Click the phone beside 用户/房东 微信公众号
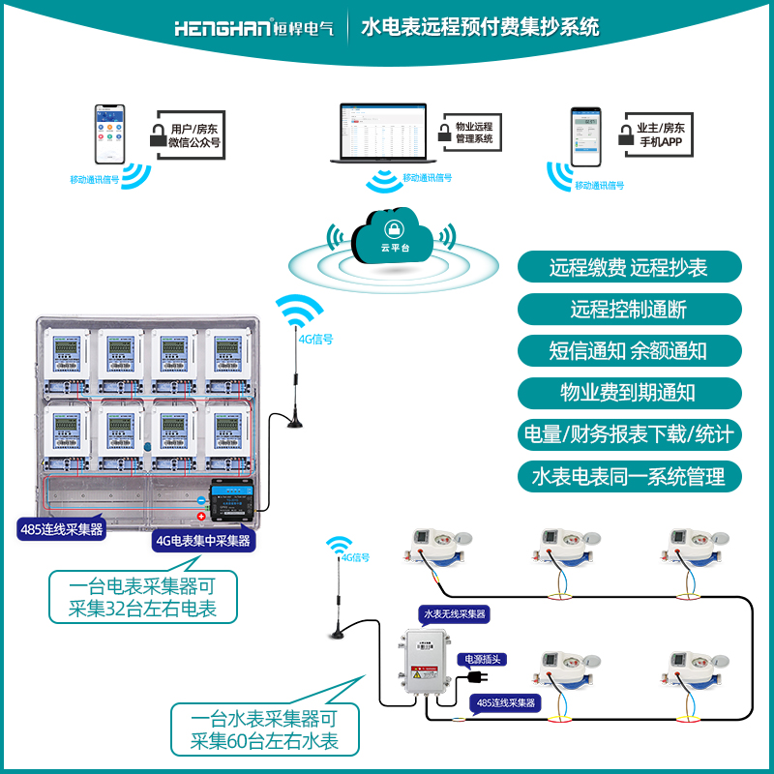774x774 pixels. point(109,135)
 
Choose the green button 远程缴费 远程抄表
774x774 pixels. point(629,267)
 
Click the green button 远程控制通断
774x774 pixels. point(629,310)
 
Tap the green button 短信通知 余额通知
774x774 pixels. point(629,351)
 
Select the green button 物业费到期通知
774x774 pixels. point(629,393)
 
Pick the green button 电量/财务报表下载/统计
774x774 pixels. point(629,434)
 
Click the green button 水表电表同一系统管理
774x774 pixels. point(629,476)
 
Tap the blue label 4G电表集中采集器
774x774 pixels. point(202,541)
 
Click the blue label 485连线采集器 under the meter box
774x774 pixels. point(61,529)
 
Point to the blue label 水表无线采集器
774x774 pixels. point(454,613)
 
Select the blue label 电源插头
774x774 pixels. point(485,659)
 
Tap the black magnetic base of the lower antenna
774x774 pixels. point(338,635)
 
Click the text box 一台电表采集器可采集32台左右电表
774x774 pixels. point(143,597)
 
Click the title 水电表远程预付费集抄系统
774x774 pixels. point(480,27)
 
